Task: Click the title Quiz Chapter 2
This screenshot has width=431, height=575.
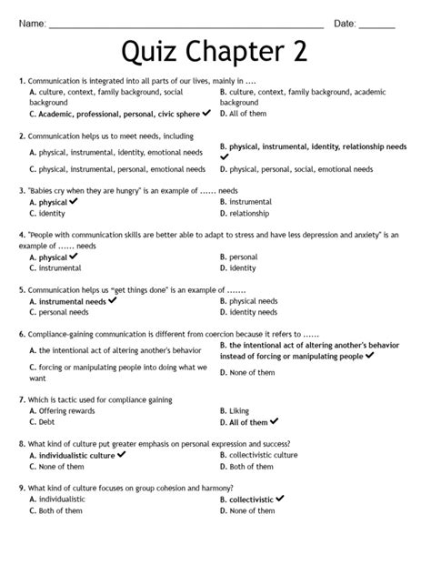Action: pos(215,53)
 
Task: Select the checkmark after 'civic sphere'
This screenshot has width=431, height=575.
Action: pos(207,113)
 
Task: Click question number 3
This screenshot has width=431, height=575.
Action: pos(21,191)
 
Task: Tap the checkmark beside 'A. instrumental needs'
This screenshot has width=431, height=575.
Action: pos(113,299)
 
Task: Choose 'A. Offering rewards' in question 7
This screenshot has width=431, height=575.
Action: pos(62,410)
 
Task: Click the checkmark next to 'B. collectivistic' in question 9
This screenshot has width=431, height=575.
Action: pos(281,498)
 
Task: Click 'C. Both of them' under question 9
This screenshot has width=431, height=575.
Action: pos(59,510)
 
